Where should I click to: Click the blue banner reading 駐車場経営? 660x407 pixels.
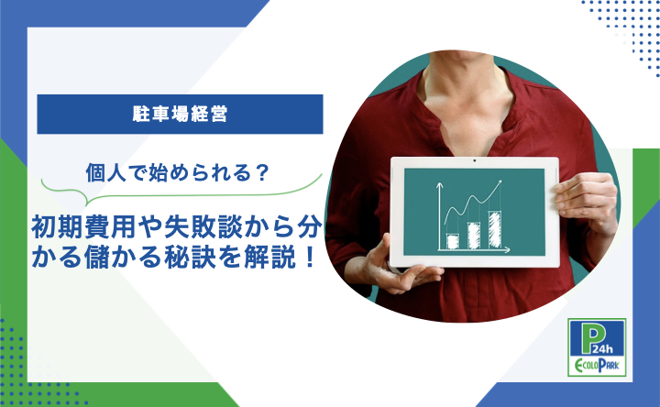click(x=180, y=114)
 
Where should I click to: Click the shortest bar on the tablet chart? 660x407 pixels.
click(x=453, y=241)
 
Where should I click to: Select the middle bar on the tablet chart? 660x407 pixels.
click(x=474, y=236)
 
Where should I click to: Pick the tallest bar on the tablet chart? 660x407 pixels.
click(x=495, y=230)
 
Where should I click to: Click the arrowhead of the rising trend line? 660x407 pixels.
click(x=499, y=183)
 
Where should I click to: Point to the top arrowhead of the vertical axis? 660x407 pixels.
click(x=439, y=185)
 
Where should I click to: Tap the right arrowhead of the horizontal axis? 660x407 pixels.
click(x=507, y=250)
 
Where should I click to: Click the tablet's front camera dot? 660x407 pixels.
click(x=475, y=160)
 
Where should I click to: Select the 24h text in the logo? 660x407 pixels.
click(x=603, y=348)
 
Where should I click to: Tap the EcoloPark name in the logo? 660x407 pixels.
click(x=597, y=365)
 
